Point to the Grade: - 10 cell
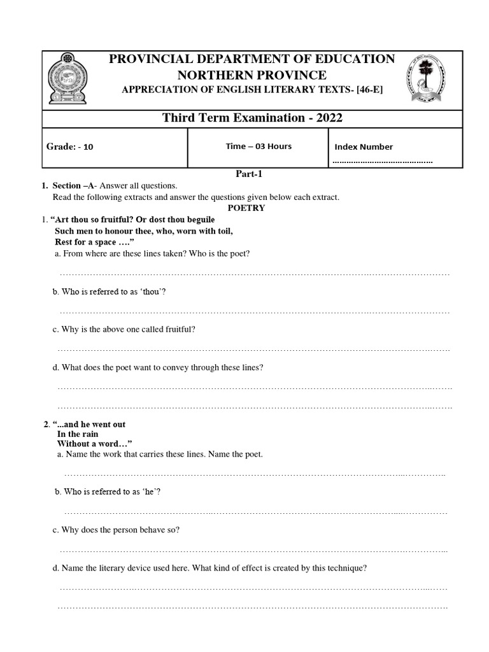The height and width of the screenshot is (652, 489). pos(70,146)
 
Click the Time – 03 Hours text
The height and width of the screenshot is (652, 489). pos(259,146)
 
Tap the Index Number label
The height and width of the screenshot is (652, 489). pos(364,147)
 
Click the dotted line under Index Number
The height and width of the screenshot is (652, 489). pos(382,162)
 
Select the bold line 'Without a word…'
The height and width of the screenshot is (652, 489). pos(95,444)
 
